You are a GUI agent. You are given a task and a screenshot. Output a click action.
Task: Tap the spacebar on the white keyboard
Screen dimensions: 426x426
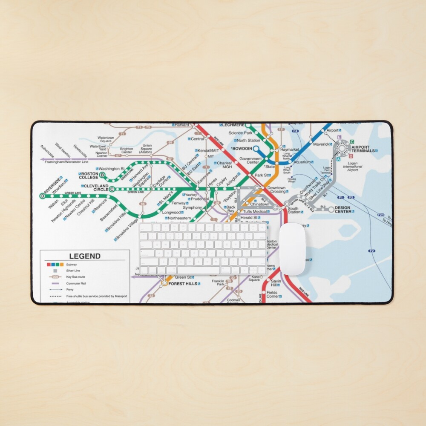coord(201,270)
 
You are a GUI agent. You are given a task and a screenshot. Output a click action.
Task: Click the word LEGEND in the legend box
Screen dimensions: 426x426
coord(85,256)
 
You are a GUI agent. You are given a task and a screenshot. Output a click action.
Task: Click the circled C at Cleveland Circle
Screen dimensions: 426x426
coord(112,189)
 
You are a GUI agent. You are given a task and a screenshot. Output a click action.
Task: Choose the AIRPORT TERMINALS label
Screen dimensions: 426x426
coord(363,148)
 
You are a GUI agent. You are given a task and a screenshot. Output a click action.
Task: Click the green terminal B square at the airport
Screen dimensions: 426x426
coord(351,156)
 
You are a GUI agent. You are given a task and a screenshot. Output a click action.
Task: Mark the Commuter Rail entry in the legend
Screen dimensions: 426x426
coord(73,283)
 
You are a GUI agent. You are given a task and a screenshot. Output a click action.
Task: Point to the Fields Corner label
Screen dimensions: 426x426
coord(272,294)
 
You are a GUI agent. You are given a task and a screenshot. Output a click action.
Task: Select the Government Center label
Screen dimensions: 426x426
coord(250,161)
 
